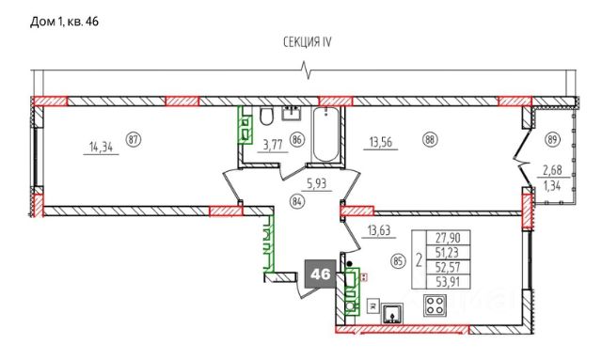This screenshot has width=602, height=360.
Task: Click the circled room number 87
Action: pyautogui.click(x=134, y=139)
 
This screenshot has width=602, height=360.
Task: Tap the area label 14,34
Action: pyautogui.click(x=101, y=147)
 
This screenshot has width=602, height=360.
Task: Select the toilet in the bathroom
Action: pyautogui.click(x=265, y=117)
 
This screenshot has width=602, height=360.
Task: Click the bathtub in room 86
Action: pyautogui.click(x=325, y=134)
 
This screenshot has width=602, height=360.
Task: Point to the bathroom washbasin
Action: pyautogui.click(x=292, y=114)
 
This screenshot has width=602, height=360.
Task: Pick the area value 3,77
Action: pyautogui.click(x=273, y=145)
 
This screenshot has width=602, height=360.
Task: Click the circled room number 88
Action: pyautogui.click(x=430, y=139)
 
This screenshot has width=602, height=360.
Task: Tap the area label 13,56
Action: pyautogui.click(x=380, y=142)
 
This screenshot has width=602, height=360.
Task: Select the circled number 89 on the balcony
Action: pyautogui.click(x=552, y=139)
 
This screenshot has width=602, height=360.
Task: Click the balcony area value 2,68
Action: pyautogui.click(x=552, y=169)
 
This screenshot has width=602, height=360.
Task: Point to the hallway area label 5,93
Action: pyautogui.click(x=316, y=183)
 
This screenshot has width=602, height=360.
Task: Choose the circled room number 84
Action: pyautogui.click(x=297, y=201)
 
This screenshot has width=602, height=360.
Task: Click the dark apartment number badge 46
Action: pyautogui.click(x=320, y=274)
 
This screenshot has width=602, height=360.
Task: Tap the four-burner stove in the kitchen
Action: pyautogui.click(x=435, y=305)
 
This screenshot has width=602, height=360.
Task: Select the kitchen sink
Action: pyautogui.click(x=392, y=313)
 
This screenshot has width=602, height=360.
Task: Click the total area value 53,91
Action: pyautogui.click(x=448, y=283)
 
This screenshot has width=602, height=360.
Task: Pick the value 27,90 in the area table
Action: pyautogui.click(x=448, y=238)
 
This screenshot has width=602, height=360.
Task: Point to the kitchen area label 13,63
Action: pyautogui.click(x=379, y=230)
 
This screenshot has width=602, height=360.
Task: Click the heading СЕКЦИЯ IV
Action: pyautogui.click(x=308, y=42)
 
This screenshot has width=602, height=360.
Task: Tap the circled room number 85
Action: pyautogui.click(x=398, y=262)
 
